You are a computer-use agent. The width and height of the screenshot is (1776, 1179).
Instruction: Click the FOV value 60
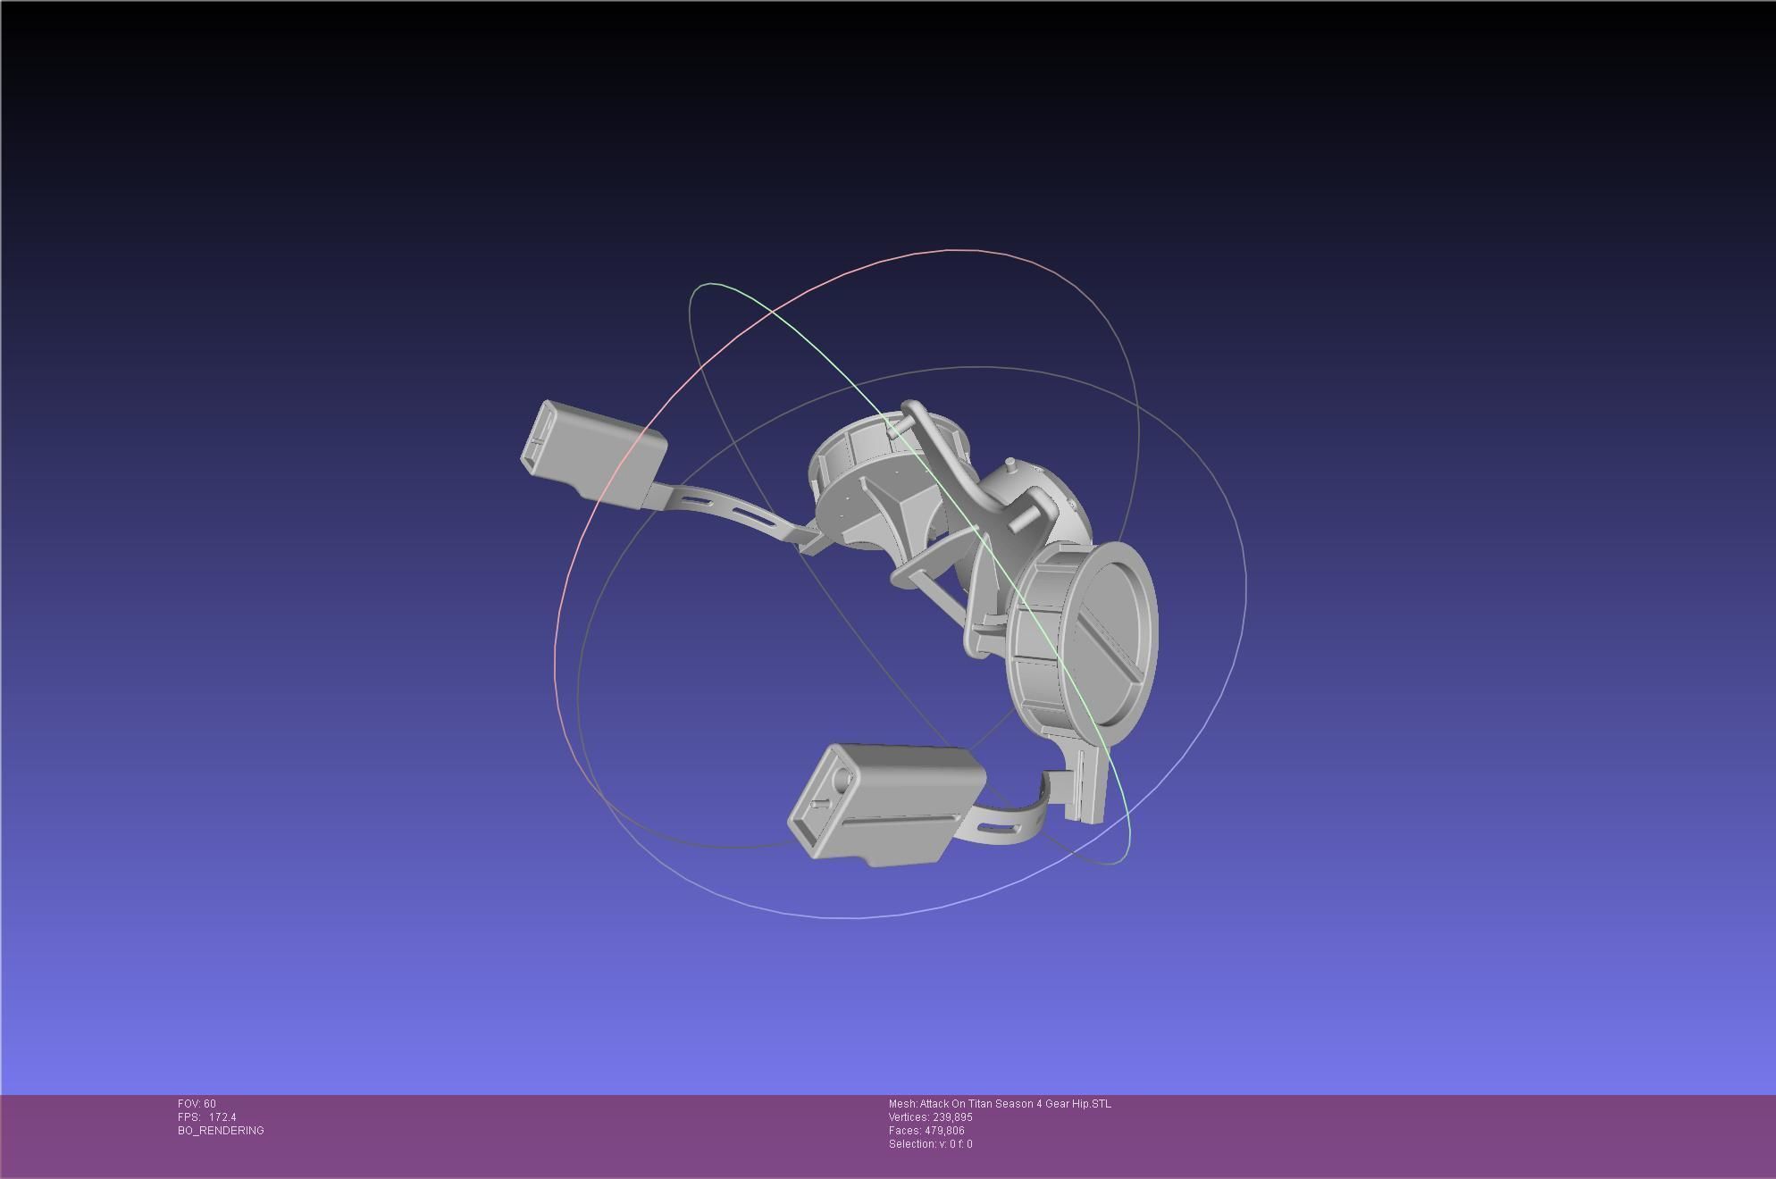209,1104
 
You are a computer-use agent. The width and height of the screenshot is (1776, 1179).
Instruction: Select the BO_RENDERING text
221,1131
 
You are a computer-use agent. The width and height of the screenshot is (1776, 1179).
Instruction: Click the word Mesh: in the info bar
902,1104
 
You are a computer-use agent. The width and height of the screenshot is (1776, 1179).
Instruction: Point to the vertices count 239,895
952,1117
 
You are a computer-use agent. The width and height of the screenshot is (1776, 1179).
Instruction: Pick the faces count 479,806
944,1131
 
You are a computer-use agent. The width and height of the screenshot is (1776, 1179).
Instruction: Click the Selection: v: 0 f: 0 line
930,1144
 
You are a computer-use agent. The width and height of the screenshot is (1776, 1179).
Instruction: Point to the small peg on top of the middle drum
1010,465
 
